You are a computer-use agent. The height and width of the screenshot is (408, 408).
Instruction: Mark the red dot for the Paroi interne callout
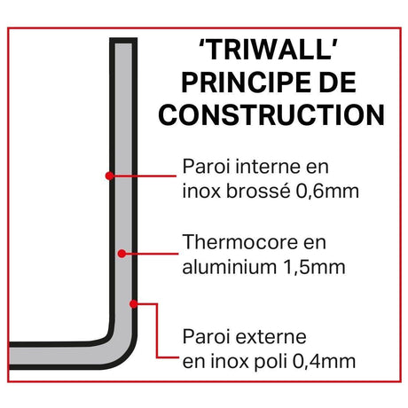pos(109,176)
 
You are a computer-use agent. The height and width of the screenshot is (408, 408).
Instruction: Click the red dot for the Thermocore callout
pos(121,254)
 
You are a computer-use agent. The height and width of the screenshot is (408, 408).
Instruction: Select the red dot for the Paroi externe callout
pos(133,303)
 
